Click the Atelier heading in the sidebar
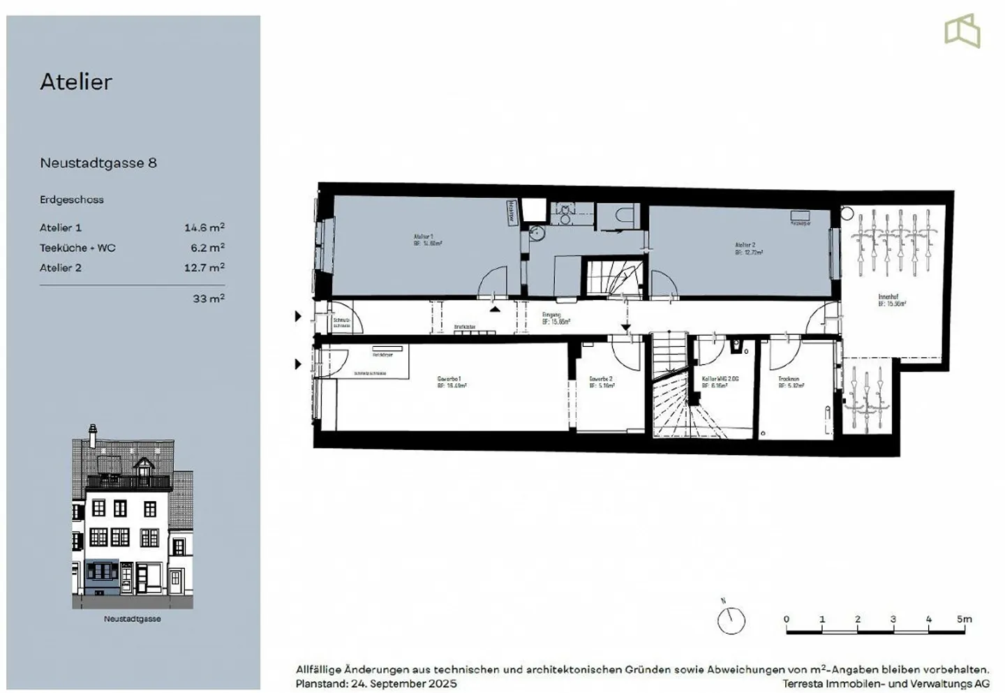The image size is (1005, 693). [x=75, y=82]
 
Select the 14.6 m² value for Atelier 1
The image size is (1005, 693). [x=204, y=228]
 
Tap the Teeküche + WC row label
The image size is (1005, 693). [x=77, y=248]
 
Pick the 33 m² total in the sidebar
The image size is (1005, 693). [x=208, y=299]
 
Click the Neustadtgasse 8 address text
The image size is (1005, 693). [x=98, y=163]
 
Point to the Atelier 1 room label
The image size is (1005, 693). [x=423, y=237]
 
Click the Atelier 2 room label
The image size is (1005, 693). [x=745, y=246]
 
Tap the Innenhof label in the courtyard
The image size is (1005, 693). [x=888, y=297]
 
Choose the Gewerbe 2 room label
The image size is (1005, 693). [x=600, y=379]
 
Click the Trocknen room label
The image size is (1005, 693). [x=789, y=379]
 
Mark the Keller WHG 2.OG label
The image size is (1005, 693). [x=720, y=379]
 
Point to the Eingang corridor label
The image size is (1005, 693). [x=551, y=315]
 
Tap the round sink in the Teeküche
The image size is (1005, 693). [x=536, y=232]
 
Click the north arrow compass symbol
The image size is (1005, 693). [x=731, y=619]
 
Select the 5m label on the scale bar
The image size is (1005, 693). [x=964, y=619]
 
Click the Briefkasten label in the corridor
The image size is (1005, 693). [x=464, y=327]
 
